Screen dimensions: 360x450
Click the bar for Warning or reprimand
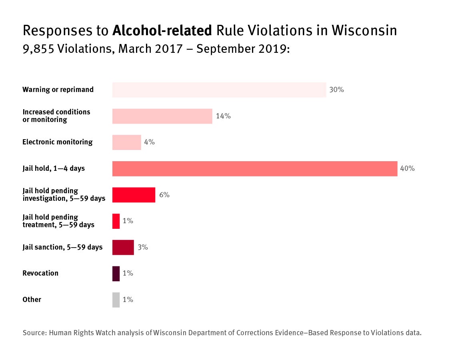(x=219, y=90)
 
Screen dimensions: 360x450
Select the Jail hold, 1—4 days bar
(x=255, y=168)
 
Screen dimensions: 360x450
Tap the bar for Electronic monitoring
(x=127, y=142)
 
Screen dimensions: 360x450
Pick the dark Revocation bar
(x=116, y=274)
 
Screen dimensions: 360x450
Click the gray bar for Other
(x=116, y=300)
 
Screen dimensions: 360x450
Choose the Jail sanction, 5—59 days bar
(x=123, y=247)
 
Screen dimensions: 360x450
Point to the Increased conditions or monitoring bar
(x=162, y=116)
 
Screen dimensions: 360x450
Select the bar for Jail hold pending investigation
(x=134, y=195)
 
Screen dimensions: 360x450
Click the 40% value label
(x=407, y=168)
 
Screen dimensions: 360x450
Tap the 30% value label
(x=336, y=90)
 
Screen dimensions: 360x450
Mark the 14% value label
(x=223, y=116)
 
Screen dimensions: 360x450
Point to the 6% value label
(x=164, y=195)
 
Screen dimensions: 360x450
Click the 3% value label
(x=143, y=247)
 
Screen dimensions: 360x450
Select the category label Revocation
(x=40, y=273)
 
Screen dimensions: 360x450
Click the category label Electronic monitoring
(x=58, y=142)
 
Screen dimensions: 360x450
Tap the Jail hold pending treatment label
(x=58, y=221)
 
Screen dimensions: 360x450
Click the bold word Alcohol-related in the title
(x=162, y=30)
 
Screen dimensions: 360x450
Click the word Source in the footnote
(x=34, y=333)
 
